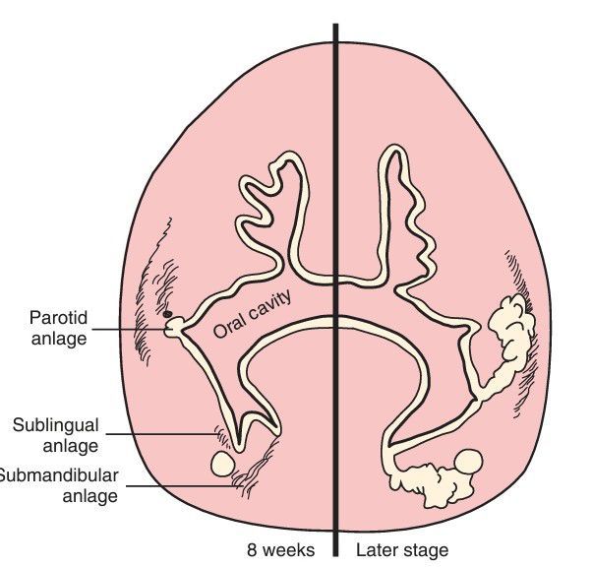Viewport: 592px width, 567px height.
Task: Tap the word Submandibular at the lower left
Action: (59, 475)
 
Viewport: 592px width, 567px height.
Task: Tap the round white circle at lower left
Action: (222, 462)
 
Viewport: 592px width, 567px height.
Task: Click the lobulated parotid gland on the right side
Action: (510, 339)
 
